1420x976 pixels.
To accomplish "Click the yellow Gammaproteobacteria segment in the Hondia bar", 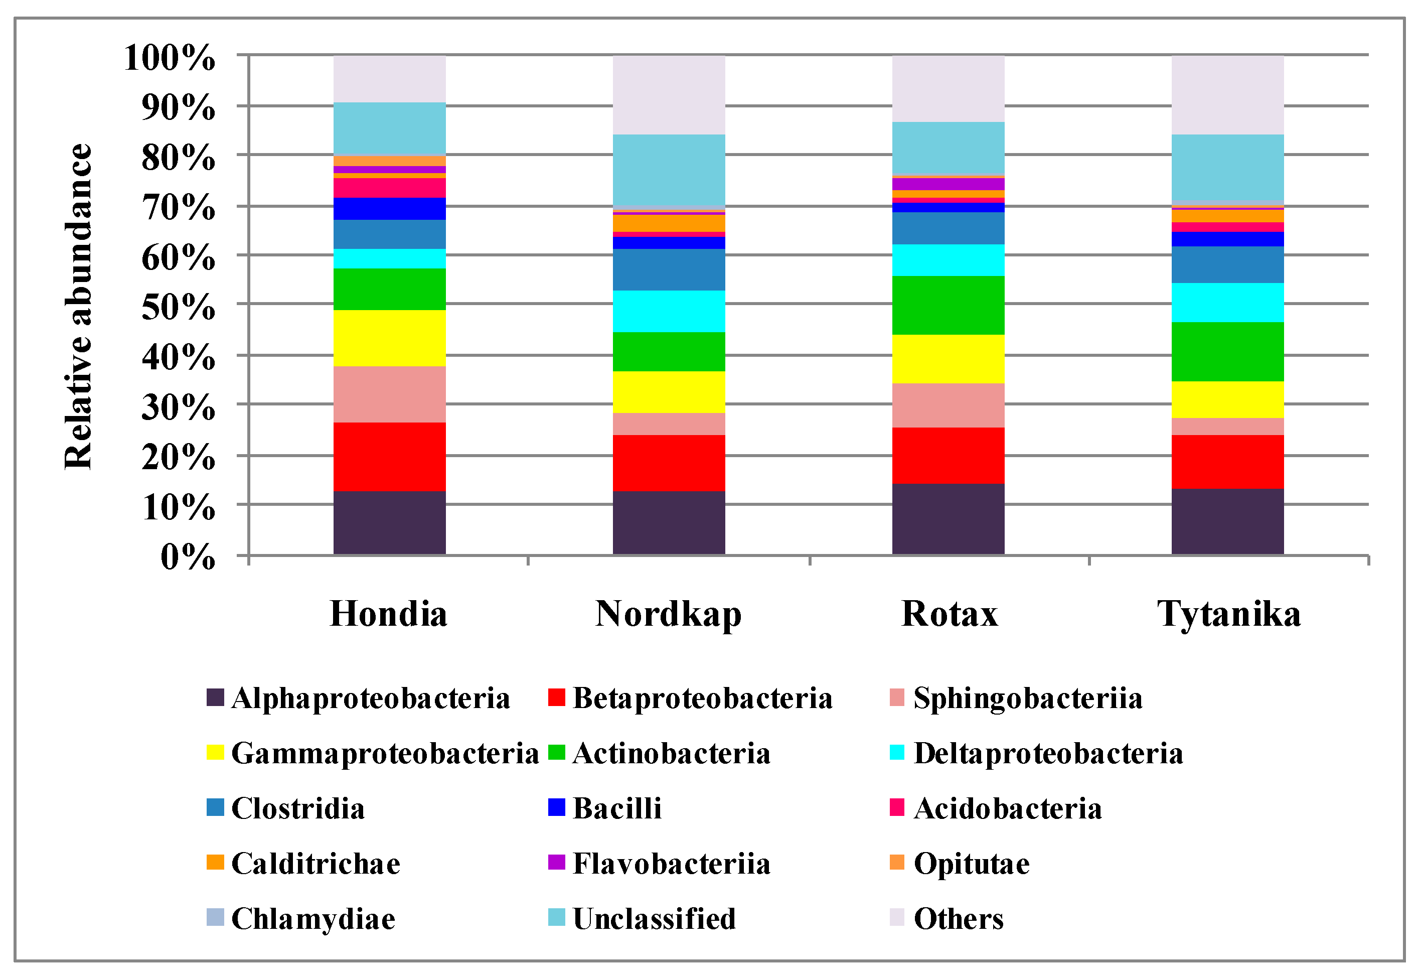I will coord(389,338).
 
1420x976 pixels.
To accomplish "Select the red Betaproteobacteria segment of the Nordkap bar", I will coord(669,463).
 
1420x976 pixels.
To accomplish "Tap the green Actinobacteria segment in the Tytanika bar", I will coord(1227,352).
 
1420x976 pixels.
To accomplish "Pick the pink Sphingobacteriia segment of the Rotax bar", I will coord(948,405).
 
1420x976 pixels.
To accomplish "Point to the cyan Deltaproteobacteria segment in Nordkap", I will coord(669,311).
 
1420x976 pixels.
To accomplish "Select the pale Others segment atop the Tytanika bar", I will coord(1227,95).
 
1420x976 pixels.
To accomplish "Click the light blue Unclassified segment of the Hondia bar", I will coord(389,128).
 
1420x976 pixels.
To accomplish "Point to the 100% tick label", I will coord(170,58).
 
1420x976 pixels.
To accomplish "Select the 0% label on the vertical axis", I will coord(187,557).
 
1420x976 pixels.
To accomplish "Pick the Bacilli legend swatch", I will coord(556,808).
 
